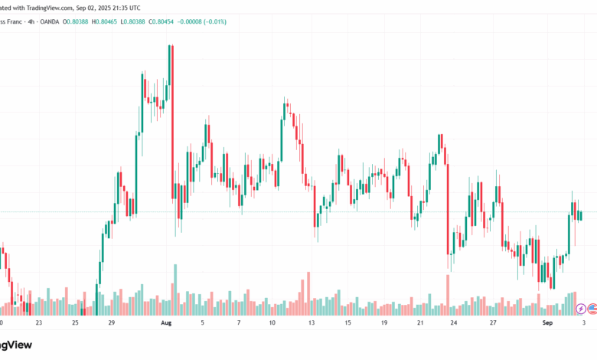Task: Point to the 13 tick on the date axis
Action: tap(312, 323)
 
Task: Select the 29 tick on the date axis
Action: tap(112, 323)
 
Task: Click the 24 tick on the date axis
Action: tap(454, 323)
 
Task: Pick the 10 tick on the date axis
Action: tap(272, 323)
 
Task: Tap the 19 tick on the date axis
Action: tap(383, 323)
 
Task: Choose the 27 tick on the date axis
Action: tap(494, 323)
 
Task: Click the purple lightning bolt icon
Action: tap(581, 309)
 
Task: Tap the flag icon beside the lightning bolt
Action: tap(592, 309)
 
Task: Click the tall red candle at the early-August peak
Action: tap(173, 115)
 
